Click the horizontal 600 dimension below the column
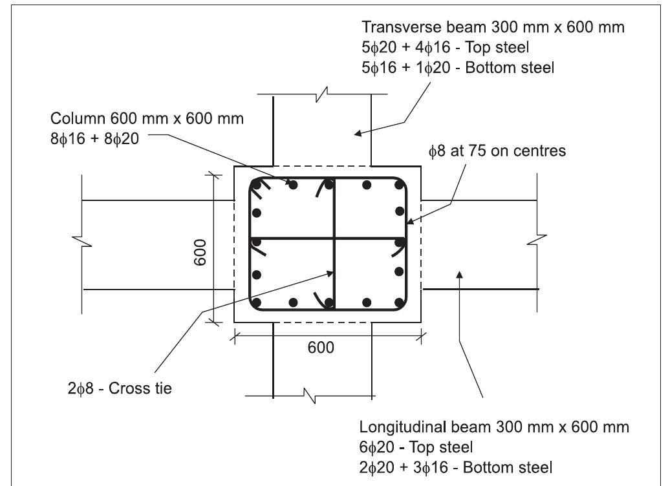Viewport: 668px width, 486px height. [321, 348]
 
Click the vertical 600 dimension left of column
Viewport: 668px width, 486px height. [200, 252]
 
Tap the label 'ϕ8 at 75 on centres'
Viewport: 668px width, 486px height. [497, 152]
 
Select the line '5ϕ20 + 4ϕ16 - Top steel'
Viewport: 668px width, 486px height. [446, 47]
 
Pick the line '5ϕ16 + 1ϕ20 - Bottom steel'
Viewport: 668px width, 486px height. [458, 67]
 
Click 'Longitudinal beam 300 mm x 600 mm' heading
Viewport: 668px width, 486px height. [494, 428]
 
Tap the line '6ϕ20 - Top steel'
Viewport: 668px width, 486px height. [416, 447]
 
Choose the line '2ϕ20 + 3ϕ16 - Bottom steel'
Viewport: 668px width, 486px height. [455, 467]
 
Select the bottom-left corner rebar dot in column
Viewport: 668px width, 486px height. [257, 302]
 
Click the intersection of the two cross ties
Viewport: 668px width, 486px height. [334, 238]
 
